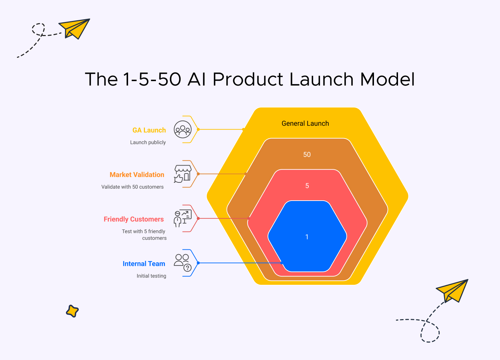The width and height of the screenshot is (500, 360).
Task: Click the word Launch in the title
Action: [321, 79]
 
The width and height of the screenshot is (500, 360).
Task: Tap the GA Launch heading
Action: [149, 130]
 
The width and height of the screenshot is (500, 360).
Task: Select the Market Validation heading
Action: [137, 175]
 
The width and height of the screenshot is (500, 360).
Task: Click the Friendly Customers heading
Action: [134, 219]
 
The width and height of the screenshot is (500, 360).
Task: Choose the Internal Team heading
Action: [144, 263]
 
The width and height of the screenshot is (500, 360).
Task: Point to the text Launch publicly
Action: [148, 142]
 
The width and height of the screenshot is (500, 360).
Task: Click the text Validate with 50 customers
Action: [132, 187]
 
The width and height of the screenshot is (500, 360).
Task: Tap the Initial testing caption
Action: [151, 276]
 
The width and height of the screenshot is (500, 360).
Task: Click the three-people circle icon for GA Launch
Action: [182, 130]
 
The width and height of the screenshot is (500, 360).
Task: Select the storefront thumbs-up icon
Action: [182, 174]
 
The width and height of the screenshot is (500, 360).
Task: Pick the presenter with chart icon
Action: [182, 218]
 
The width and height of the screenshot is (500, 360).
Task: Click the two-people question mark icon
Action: [182, 263]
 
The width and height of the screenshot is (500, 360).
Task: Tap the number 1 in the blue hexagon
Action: [307, 237]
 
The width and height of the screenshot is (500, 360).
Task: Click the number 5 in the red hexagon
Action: [307, 186]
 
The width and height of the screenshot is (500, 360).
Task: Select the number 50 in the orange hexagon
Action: [307, 155]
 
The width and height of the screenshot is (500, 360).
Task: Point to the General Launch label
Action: [305, 123]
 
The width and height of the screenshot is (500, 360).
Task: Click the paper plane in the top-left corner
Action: [75, 28]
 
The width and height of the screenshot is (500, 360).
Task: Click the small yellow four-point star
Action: [72, 311]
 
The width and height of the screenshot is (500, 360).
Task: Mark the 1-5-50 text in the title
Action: [152, 79]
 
